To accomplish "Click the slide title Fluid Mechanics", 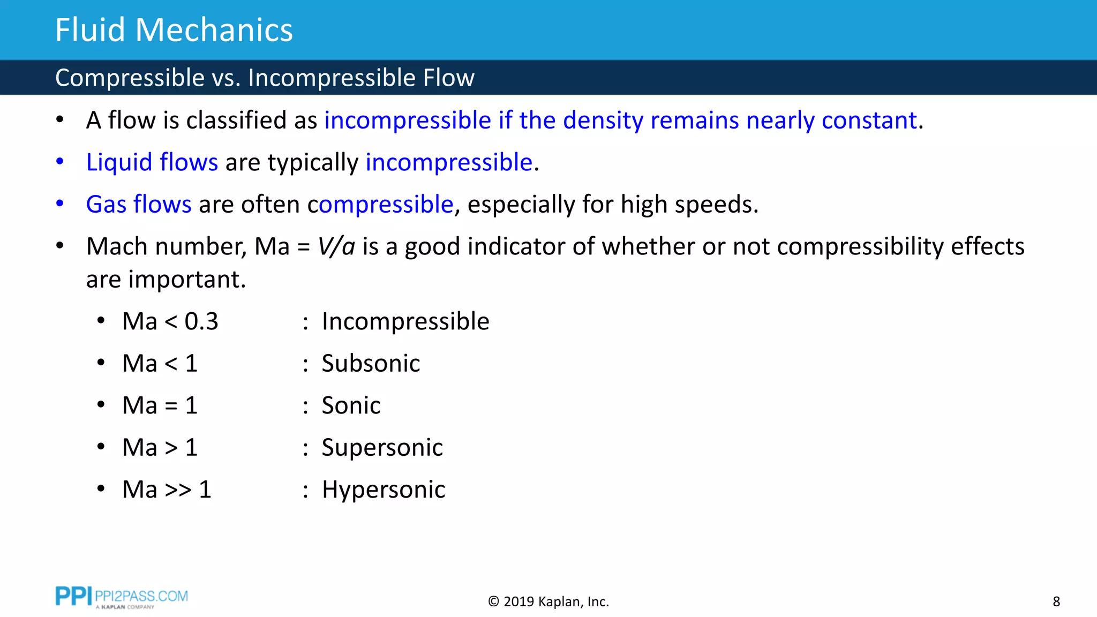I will [174, 30].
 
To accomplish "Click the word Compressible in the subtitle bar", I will [130, 78].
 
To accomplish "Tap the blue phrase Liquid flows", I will [152, 162].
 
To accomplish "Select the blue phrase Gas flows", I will [139, 205].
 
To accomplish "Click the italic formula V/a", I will [336, 247].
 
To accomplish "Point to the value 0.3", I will [201, 321].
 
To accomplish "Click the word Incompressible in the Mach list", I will [405, 321].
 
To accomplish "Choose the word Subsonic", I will [371, 364].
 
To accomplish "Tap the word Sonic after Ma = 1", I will [351, 405].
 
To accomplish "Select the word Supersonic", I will [382, 448].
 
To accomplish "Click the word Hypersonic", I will [384, 490].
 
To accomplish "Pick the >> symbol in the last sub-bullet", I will [178, 490].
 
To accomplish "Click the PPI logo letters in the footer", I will [73, 596].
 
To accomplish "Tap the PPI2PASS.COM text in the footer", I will [141, 596].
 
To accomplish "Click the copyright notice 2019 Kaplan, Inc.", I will [548, 602].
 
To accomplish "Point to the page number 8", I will [1056, 602].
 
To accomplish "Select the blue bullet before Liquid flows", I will [60, 161].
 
